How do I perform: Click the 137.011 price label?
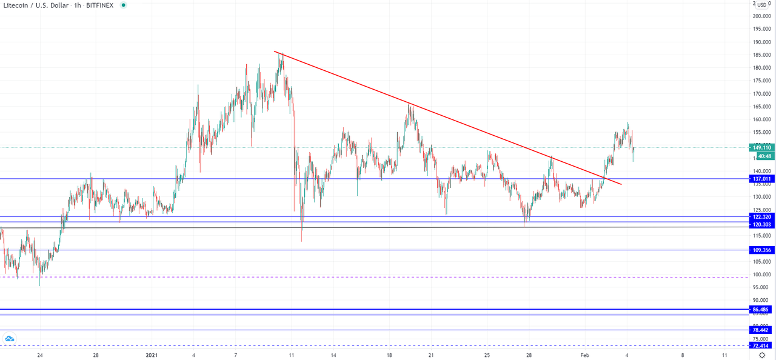pyautogui.click(x=761, y=179)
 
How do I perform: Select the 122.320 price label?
pyautogui.click(x=761, y=217)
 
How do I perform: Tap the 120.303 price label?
pyautogui.click(x=761, y=224)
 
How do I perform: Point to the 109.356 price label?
pyautogui.click(x=761, y=250)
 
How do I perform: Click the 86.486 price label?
pyautogui.click(x=761, y=310)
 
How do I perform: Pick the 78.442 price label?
pyautogui.click(x=761, y=330)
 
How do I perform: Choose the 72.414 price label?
pyautogui.click(x=761, y=345)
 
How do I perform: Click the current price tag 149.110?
pyautogui.click(x=761, y=147)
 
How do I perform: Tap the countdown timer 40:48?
pyautogui.click(x=764, y=156)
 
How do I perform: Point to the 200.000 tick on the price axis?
pyautogui.click(x=761, y=16)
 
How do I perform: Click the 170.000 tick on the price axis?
pyautogui.click(x=761, y=94)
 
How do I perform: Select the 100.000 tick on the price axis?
pyautogui.click(x=761, y=275)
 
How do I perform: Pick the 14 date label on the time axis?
pyautogui.click(x=333, y=356)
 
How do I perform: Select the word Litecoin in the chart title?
pyautogui.click(x=18, y=5)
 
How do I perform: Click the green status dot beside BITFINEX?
pyautogui.click(x=124, y=5)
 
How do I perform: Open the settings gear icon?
pyautogui.click(x=762, y=355)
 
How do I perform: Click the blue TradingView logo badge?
pyautogui.click(x=9, y=339)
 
